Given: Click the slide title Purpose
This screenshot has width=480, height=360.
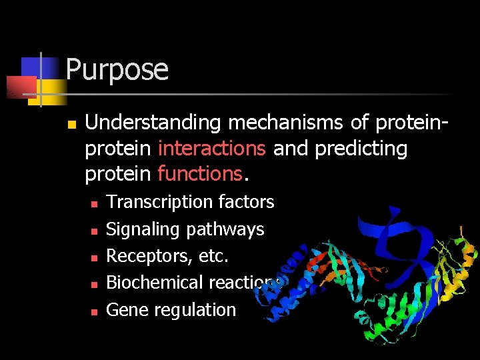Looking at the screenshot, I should [117, 70].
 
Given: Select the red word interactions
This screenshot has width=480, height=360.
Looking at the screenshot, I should [213, 149].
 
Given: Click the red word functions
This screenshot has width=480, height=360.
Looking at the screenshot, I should [200, 174].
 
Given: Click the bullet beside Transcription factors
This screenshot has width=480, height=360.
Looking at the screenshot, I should [94, 203].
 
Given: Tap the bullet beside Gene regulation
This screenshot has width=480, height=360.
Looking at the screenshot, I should [94, 311].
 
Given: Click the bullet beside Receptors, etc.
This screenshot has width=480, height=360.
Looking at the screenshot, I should [94, 257].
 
